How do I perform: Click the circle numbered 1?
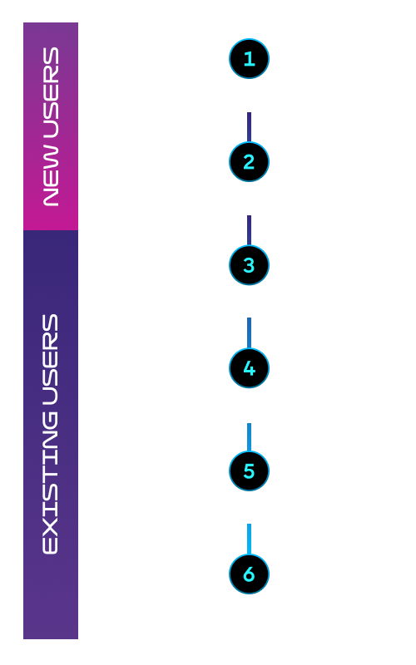249,58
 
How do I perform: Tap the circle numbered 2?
249,162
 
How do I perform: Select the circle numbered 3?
249,265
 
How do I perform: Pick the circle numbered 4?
249,367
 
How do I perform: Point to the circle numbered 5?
249,470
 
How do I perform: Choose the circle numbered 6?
249,574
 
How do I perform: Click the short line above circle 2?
249,127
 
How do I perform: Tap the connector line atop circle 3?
249,230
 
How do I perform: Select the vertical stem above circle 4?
249,333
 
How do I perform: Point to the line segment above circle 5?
249,437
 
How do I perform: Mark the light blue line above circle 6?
249,539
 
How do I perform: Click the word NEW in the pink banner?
51,176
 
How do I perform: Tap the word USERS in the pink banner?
51,93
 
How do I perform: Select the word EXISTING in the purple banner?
50,480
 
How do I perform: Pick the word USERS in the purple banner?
50,359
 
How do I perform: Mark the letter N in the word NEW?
51,198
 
